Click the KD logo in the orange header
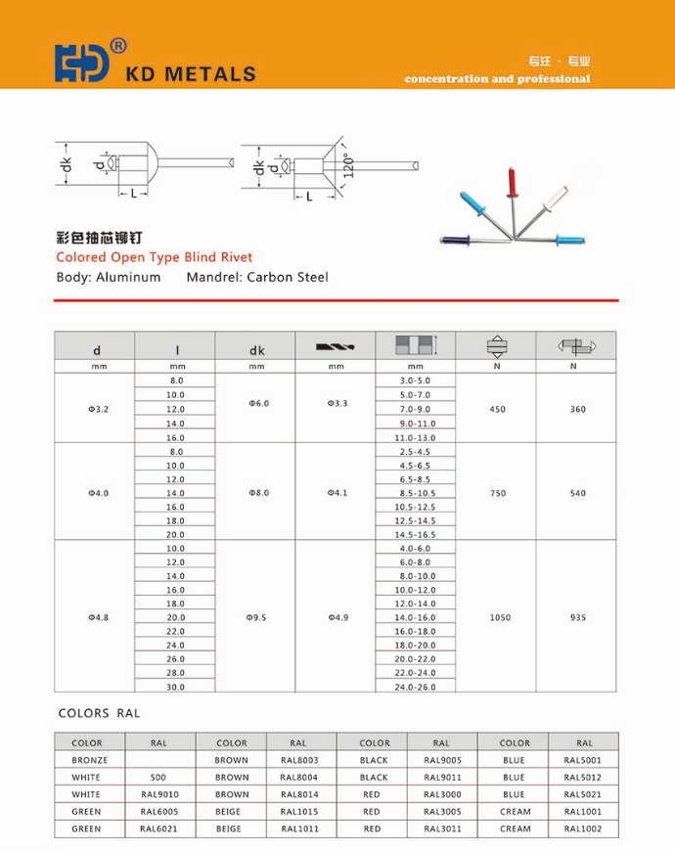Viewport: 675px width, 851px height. (x=82, y=63)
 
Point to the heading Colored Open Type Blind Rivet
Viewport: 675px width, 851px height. (x=155, y=257)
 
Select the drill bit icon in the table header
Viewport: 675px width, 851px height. (x=337, y=347)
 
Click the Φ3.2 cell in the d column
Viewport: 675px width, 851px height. (x=97, y=409)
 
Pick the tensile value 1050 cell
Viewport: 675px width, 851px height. (x=498, y=617)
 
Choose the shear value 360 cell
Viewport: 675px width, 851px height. (x=577, y=409)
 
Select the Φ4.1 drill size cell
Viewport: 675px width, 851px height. (x=337, y=493)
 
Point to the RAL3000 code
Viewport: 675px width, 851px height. (x=442, y=794)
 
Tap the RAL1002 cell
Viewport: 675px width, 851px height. (x=583, y=829)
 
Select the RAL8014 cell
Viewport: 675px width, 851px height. (x=298, y=794)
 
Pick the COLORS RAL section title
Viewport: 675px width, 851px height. (x=100, y=713)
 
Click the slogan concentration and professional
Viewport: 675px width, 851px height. (x=497, y=79)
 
